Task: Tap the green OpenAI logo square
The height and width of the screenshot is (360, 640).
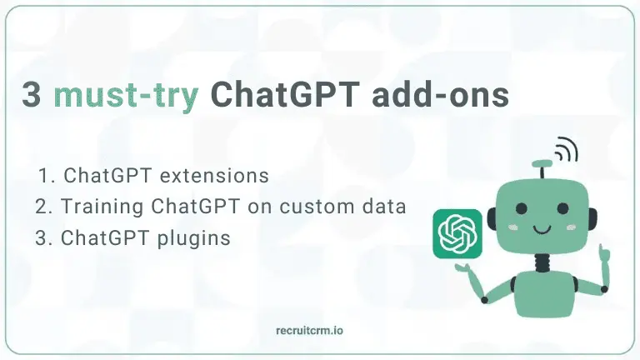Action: tap(458, 232)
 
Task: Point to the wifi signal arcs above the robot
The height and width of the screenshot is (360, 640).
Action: tap(567, 151)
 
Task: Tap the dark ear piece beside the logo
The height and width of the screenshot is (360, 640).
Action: tap(492, 219)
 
